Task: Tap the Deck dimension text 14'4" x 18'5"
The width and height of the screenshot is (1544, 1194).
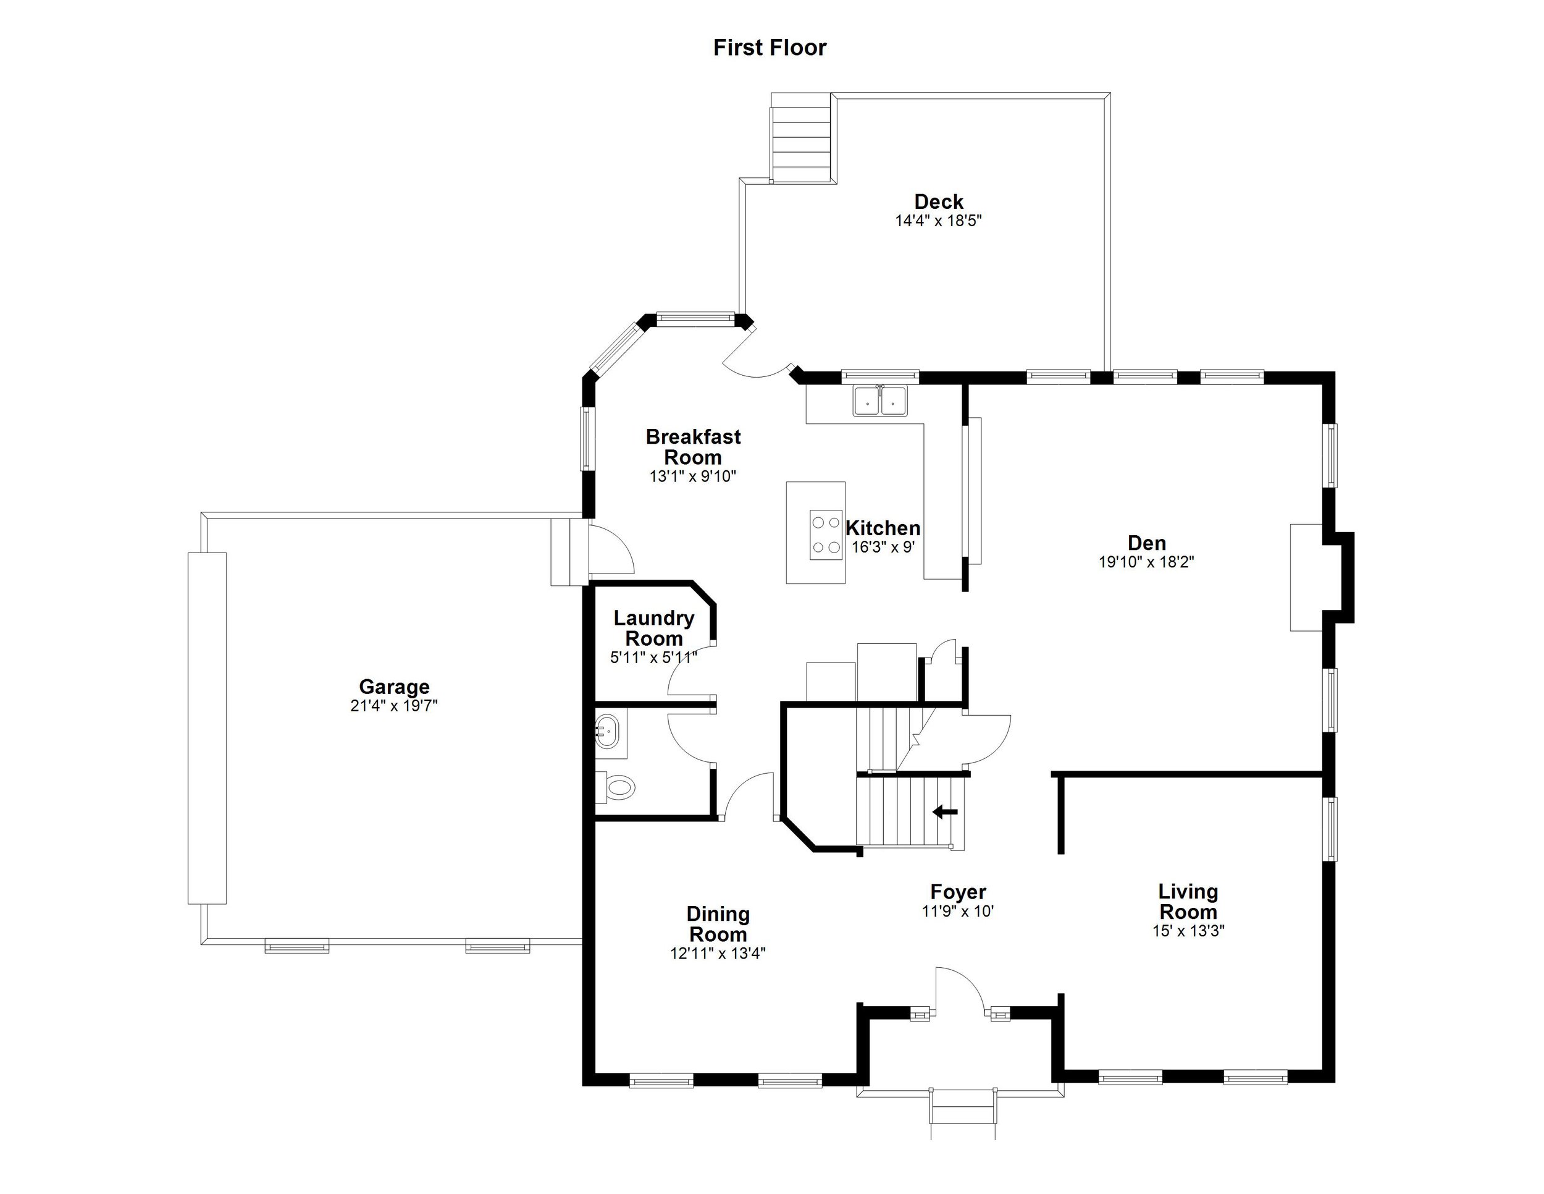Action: pyautogui.click(x=938, y=221)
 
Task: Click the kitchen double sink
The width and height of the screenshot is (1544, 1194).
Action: pyautogui.click(x=880, y=401)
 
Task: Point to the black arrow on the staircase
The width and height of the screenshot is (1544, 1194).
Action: pyautogui.click(x=944, y=812)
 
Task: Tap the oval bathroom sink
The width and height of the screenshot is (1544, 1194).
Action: pyautogui.click(x=606, y=731)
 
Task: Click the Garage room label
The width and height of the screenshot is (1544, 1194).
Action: pyautogui.click(x=394, y=686)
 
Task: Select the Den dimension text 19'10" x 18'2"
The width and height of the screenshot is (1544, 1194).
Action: pyautogui.click(x=1146, y=562)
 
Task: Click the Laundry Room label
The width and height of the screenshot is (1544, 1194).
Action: pyautogui.click(x=653, y=627)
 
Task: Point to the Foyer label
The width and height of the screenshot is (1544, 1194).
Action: pyautogui.click(x=958, y=892)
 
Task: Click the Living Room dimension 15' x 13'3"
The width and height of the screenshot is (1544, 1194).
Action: pyautogui.click(x=1188, y=931)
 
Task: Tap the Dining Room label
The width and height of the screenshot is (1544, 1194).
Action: pyautogui.click(x=718, y=924)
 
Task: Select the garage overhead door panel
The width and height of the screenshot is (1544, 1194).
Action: pyautogui.click(x=206, y=728)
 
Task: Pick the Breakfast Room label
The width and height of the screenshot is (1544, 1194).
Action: pyautogui.click(x=693, y=446)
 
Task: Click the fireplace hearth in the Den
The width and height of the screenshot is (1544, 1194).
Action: pyautogui.click(x=1306, y=577)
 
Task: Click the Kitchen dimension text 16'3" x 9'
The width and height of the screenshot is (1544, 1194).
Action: pyautogui.click(x=883, y=547)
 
